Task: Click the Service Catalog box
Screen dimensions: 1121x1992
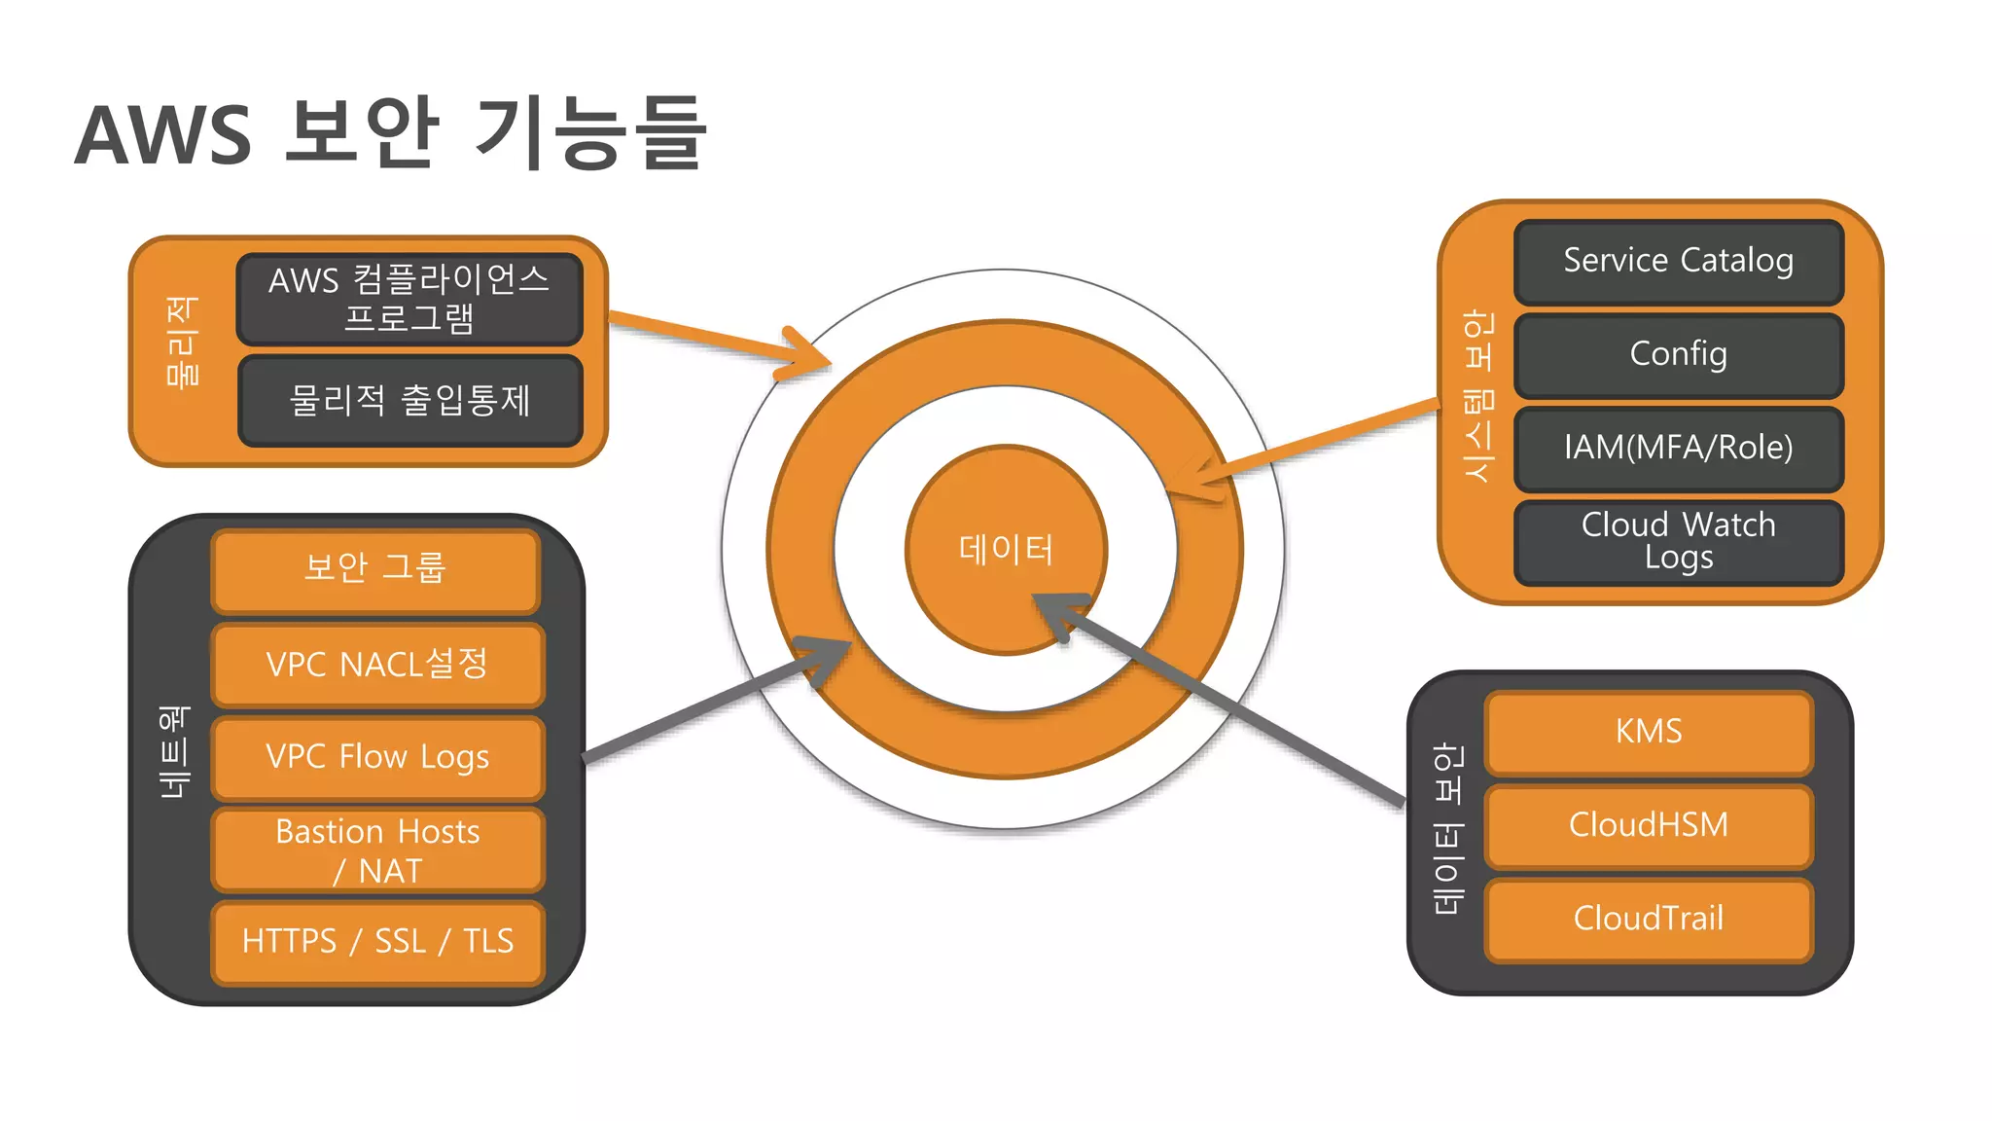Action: [x=1678, y=262]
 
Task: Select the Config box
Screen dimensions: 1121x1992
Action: [x=1678, y=354]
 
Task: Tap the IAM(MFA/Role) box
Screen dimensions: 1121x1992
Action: [x=1678, y=448]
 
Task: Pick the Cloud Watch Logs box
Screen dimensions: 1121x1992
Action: [x=1678, y=541]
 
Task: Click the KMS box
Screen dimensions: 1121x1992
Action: [x=1649, y=732]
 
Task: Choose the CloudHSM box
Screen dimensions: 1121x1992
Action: [x=1649, y=825]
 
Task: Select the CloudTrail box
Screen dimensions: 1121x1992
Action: [x=1649, y=919]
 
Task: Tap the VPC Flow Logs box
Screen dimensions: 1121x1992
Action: [x=377, y=757]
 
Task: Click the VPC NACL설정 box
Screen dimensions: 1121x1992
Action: [x=377, y=665]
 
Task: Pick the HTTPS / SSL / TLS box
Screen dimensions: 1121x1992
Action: [x=377, y=942]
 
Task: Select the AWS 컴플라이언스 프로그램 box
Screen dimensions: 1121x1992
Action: [x=409, y=299]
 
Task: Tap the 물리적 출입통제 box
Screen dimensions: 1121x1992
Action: [x=409, y=401]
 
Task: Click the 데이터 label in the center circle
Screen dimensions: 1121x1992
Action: [x=1006, y=550]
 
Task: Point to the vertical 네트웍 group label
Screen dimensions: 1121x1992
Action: [x=176, y=751]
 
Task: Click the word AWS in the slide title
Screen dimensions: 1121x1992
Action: [x=163, y=134]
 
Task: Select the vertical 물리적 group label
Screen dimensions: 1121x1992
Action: [x=183, y=343]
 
